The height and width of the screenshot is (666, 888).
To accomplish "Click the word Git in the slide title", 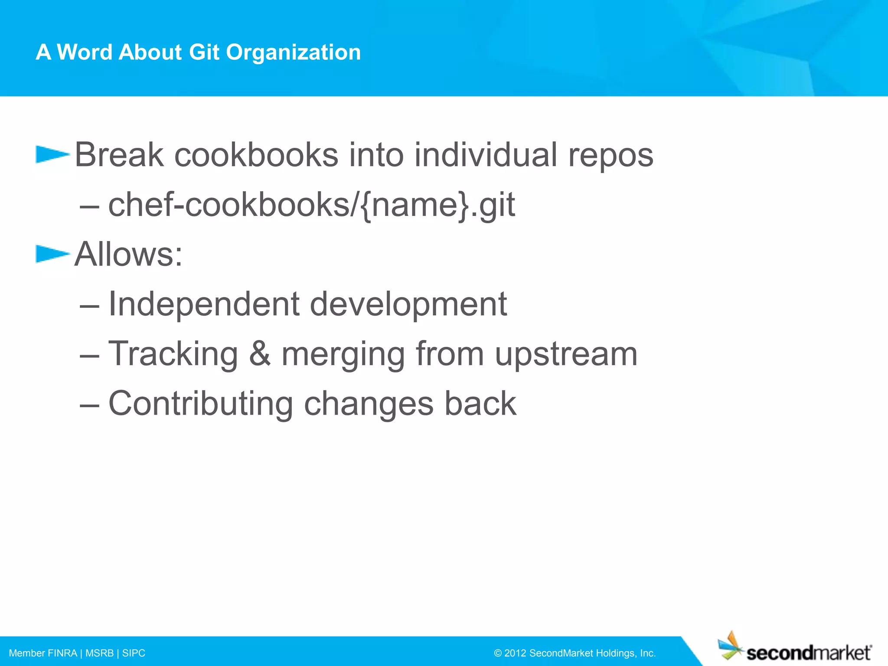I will pos(204,52).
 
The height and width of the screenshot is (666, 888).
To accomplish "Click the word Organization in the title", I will pos(293,52).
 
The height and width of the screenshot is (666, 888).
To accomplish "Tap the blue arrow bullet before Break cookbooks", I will pos(52,154).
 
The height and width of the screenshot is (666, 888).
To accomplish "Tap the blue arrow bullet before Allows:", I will pos(52,254).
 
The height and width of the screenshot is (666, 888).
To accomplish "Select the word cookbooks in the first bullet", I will pos(256,155).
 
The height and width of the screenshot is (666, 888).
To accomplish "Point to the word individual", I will pos(486,155).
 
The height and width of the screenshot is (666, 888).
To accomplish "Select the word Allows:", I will pos(129,254).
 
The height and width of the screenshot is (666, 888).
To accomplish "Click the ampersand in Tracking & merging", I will pos(260,354).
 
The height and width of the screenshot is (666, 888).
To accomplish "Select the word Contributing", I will pos(200,404).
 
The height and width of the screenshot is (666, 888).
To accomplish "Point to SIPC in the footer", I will pos(134,653).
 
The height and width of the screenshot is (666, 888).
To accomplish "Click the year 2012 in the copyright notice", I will pos(515,653).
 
